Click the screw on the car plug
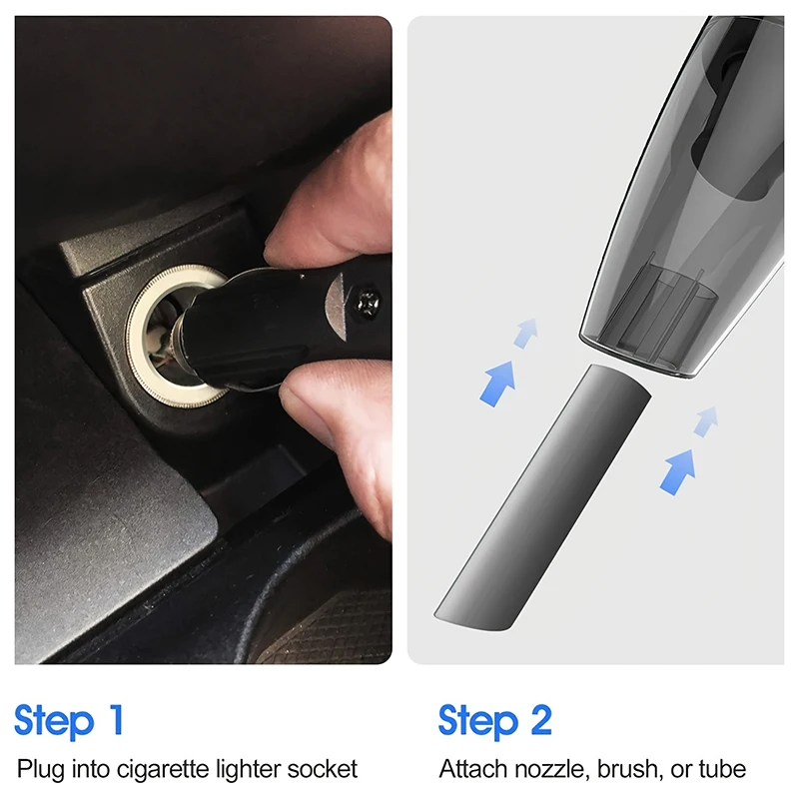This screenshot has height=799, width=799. [369, 303]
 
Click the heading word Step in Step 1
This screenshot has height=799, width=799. [55, 721]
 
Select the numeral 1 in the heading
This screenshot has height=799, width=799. [117, 719]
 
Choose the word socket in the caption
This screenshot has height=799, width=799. [323, 769]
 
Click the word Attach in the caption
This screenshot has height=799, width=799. [473, 769]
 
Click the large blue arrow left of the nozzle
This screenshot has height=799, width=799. [497, 384]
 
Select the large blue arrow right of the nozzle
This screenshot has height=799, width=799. [678, 471]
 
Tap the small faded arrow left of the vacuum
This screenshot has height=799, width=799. [526, 334]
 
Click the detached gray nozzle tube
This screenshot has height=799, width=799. [542, 496]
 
